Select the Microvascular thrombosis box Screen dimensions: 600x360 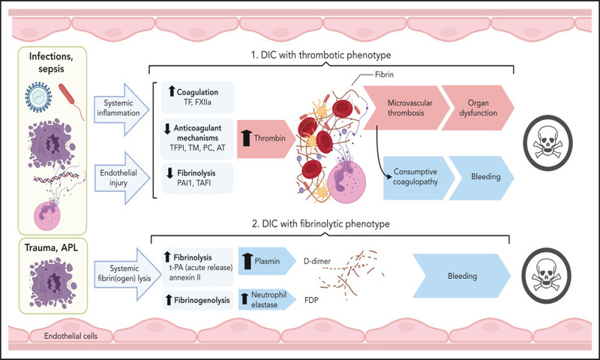406,108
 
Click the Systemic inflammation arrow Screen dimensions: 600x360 121,109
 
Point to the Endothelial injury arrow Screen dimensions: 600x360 121,178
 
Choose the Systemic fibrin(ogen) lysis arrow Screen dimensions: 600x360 123,274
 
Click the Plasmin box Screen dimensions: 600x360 267,261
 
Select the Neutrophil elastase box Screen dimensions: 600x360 267,299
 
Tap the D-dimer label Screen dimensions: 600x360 316,261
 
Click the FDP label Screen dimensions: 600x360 311,300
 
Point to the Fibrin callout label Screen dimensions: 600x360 384,74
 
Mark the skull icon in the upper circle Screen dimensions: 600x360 547,142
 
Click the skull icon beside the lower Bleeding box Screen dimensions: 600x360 547,275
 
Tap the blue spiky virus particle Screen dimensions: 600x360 38,97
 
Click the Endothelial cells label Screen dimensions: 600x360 70,336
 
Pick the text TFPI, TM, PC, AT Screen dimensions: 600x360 197,148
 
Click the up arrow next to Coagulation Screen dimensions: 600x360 172,91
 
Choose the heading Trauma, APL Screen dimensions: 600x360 51,248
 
